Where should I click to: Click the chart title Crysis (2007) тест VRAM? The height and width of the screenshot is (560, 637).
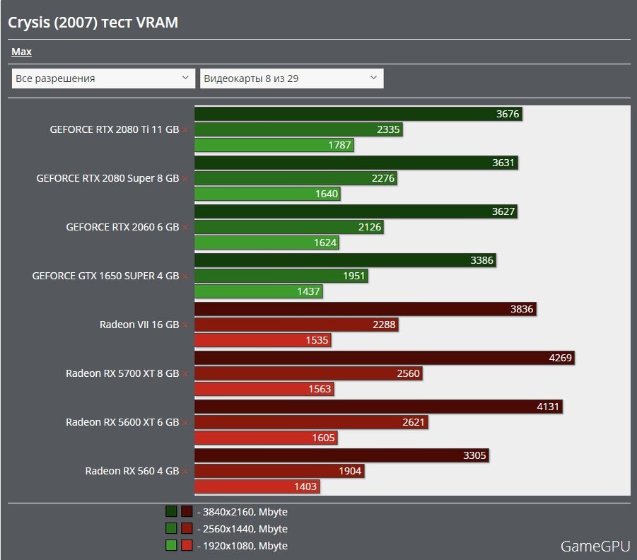click(x=93, y=23)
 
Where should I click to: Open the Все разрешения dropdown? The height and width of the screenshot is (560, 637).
click(x=103, y=78)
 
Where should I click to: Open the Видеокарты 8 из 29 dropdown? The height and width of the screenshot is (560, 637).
click(x=291, y=78)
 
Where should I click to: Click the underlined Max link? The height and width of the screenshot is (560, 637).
click(x=21, y=52)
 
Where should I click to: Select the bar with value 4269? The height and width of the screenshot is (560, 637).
click(x=384, y=358)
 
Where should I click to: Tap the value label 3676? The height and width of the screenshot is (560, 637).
click(x=508, y=114)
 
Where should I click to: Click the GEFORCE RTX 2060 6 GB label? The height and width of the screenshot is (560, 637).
click(x=122, y=227)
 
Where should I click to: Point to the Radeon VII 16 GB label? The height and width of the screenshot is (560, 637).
click(x=139, y=325)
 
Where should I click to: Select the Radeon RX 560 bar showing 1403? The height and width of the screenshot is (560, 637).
click(x=257, y=486)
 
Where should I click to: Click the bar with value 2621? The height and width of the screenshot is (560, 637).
click(x=311, y=422)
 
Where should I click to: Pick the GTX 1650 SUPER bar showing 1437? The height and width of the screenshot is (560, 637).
click(x=258, y=291)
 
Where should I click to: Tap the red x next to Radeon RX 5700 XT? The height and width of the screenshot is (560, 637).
click(x=185, y=374)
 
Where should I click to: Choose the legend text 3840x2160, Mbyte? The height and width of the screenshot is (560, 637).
click(x=242, y=512)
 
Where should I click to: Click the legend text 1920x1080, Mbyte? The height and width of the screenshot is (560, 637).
click(x=242, y=546)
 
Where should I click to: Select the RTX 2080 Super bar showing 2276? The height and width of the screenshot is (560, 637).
click(x=296, y=178)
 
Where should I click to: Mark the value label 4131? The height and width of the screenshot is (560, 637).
click(x=547, y=407)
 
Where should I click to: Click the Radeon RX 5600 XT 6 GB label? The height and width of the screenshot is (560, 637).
click(x=122, y=422)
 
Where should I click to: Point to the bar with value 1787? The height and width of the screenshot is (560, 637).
click(x=274, y=146)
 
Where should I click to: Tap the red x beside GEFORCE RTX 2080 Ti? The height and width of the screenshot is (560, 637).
click(x=185, y=130)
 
